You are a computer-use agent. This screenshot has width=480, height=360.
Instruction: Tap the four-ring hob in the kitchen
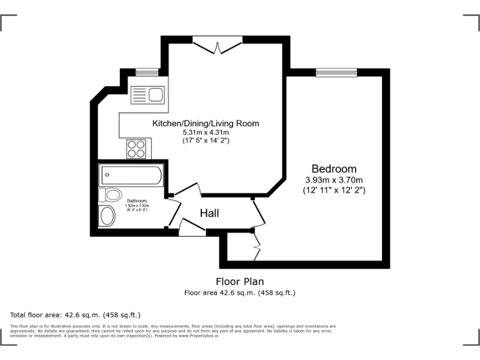click(x=137, y=148)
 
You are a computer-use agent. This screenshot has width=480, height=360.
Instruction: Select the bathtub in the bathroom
click(x=132, y=174)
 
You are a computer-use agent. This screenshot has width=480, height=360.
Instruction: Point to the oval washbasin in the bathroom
click(x=107, y=216)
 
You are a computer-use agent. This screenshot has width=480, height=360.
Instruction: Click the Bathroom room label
click(x=137, y=201)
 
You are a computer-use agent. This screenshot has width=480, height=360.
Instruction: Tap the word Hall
click(x=209, y=214)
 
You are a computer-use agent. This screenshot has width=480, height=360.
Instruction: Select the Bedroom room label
click(x=334, y=169)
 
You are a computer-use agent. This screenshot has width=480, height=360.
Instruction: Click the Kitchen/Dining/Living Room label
click(x=206, y=124)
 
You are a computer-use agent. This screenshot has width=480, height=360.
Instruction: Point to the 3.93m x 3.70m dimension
click(x=334, y=180)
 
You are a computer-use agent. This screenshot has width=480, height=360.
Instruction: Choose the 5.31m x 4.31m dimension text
click(x=206, y=132)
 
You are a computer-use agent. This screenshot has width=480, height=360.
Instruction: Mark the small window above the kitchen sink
click(x=147, y=72)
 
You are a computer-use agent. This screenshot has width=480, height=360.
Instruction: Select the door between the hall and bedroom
click(x=259, y=213)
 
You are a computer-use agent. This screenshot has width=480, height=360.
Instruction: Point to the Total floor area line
click(x=76, y=314)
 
